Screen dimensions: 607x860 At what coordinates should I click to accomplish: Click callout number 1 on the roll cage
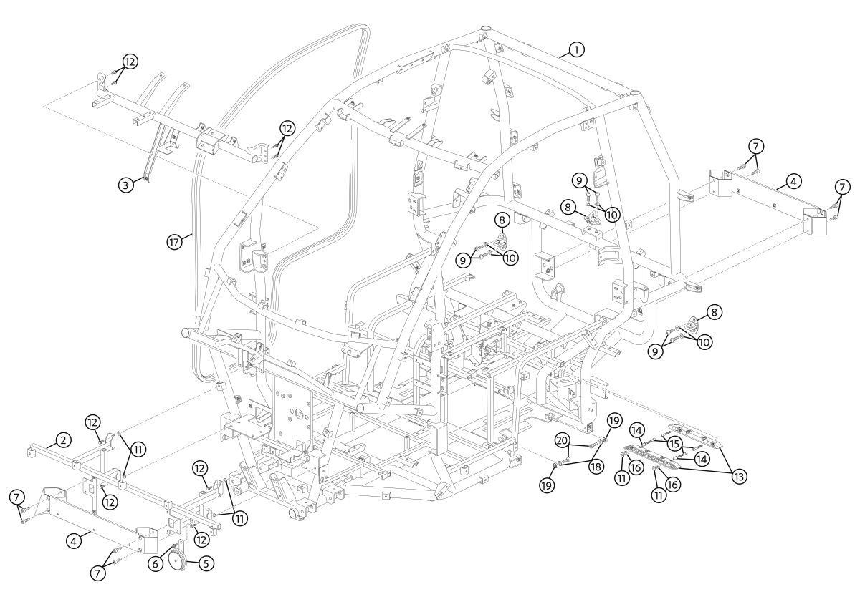coord(576,49)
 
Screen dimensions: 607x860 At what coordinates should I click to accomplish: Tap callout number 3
coord(125,185)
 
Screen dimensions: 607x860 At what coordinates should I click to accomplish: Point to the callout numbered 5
coord(206,563)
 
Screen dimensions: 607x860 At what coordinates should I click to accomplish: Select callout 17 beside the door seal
coord(173,242)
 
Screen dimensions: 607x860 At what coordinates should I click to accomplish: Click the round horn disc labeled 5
coord(178,561)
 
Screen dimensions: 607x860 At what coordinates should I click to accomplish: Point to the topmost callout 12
coord(129,62)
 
